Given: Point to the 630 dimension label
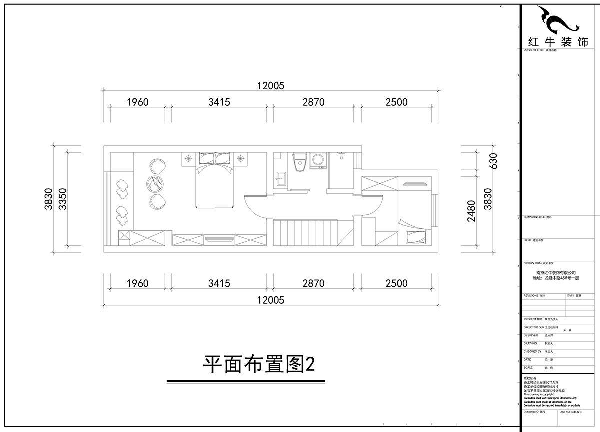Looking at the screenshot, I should (493, 162).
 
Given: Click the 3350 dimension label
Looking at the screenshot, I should (62, 199).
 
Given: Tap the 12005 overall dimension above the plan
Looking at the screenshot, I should (270, 85).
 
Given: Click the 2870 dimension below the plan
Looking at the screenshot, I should (313, 283).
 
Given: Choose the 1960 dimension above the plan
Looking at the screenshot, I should (137, 102).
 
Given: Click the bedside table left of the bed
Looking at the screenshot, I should (189, 158).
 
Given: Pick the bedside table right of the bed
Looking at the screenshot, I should (241, 158).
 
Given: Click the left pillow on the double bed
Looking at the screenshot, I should (206, 159).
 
